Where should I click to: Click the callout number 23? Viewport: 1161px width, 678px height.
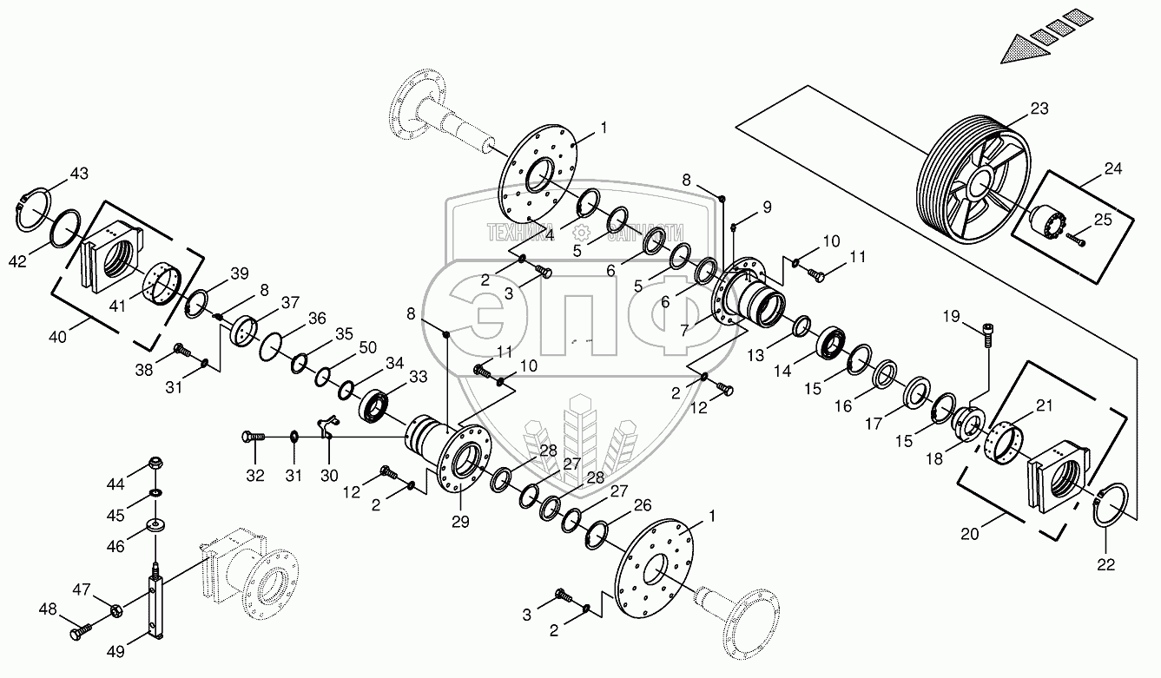[1039, 109]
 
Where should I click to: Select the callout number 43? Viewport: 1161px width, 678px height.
[79, 174]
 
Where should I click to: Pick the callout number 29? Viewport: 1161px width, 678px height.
[459, 521]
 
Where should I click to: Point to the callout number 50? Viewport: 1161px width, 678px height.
[367, 347]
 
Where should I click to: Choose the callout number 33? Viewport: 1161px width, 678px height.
[419, 377]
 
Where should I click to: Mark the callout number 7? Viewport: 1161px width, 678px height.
[685, 332]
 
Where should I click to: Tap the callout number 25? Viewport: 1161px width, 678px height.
[1102, 221]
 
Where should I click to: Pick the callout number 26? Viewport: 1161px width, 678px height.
[642, 505]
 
